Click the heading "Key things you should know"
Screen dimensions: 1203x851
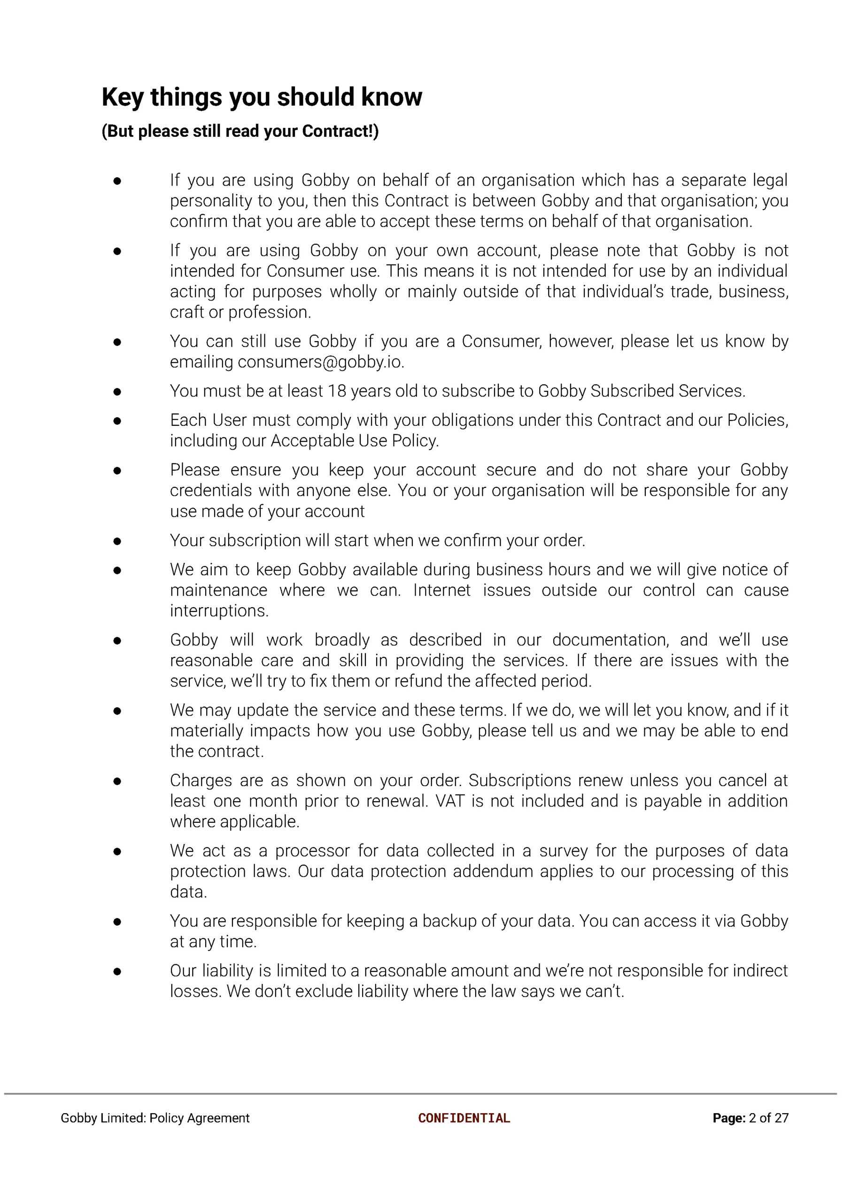click(262, 97)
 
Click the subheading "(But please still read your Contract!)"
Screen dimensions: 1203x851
click(240, 131)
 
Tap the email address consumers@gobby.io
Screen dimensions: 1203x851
click(320, 362)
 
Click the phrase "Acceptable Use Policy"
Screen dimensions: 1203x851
click(354, 441)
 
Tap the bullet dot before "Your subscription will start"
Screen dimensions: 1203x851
click(117, 541)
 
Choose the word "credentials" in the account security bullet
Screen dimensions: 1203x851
click(205, 491)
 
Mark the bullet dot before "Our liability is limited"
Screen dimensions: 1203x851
click(117, 971)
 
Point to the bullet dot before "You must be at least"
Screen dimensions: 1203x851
click(117, 391)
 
